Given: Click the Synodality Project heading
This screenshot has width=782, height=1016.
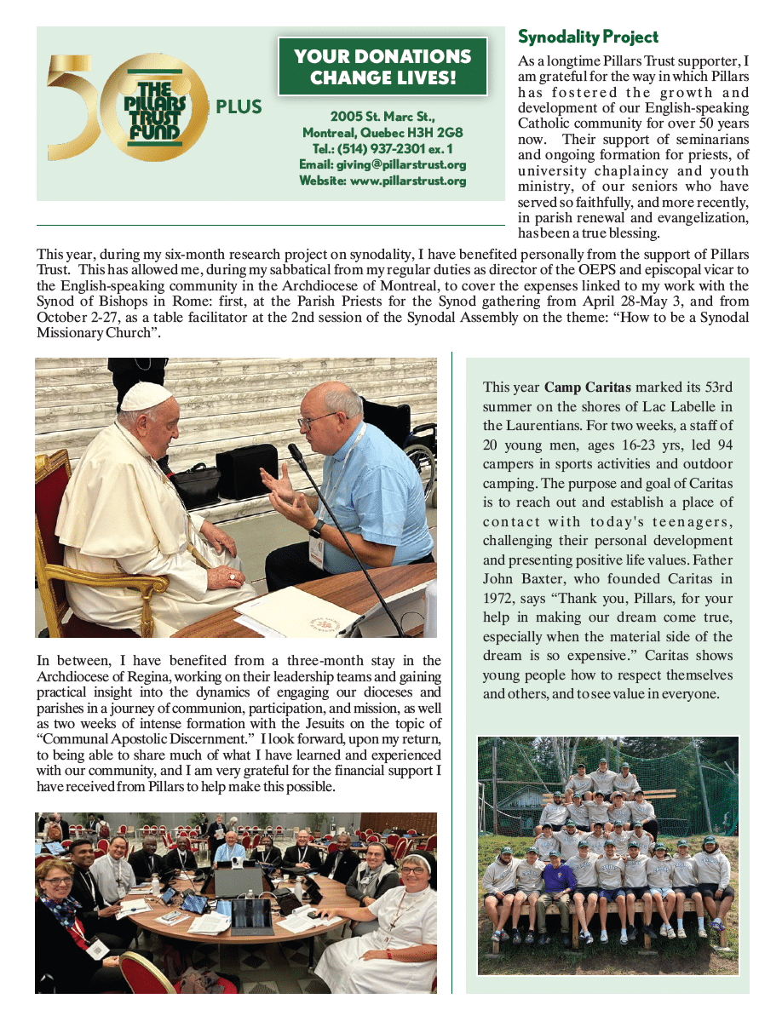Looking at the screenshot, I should pyautogui.click(x=588, y=37).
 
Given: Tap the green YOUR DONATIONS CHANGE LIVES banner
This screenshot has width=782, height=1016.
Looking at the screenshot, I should pyautogui.click(x=382, y=67).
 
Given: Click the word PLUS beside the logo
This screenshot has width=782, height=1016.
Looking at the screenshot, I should pyautogui.click(x=239, y=108).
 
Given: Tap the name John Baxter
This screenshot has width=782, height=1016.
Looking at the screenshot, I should pyautogui.click(x=515, y=579).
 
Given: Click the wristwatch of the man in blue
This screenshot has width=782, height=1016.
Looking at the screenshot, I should pyautogui.click(x=316, y=528).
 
